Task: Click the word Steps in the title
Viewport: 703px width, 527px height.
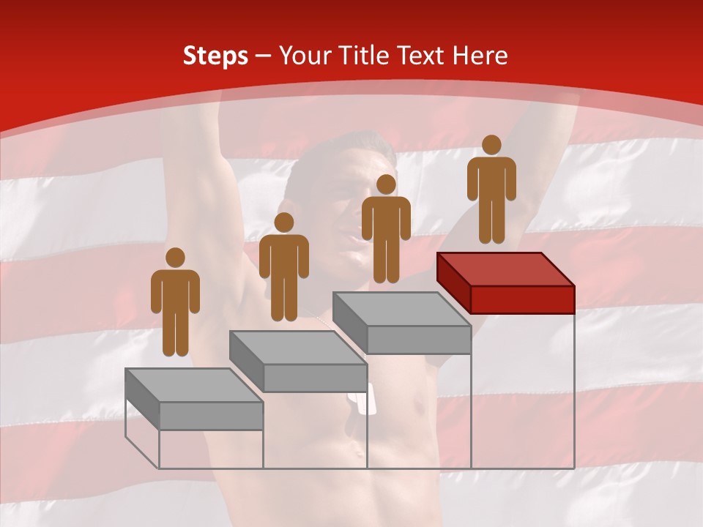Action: (x=215, y=56)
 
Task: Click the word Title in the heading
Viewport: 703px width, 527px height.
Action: (x=364, y=56)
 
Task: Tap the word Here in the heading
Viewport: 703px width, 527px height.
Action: (x=480, y=56)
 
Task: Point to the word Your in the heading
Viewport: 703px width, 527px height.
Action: (x=305, y=56)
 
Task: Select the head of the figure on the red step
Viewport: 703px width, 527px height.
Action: (x=491, y=145)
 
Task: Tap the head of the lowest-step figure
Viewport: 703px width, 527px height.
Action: (x=175, y=258)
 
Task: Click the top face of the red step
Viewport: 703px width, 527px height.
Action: (x=505, y=269)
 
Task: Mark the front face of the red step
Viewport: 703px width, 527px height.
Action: (x=522, y=299)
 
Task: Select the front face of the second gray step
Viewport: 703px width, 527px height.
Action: (x=315, y=378)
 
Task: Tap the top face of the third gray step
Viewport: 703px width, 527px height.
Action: (x=401, y=309)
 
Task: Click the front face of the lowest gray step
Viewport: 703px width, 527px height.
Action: (x=211, y=416)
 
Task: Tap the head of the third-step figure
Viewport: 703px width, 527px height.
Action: (x=386, y=184)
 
